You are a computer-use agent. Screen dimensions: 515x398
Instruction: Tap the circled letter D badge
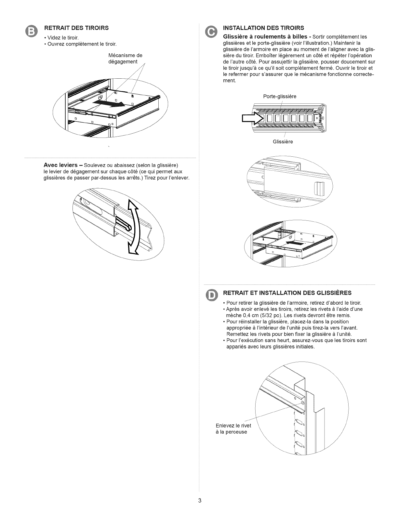(212, 295)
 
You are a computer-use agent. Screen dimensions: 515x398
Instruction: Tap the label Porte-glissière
(279, 96)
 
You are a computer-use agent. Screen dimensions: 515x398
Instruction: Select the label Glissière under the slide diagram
(283, 142)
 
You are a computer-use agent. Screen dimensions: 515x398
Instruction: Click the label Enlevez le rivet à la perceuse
(233, 429)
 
